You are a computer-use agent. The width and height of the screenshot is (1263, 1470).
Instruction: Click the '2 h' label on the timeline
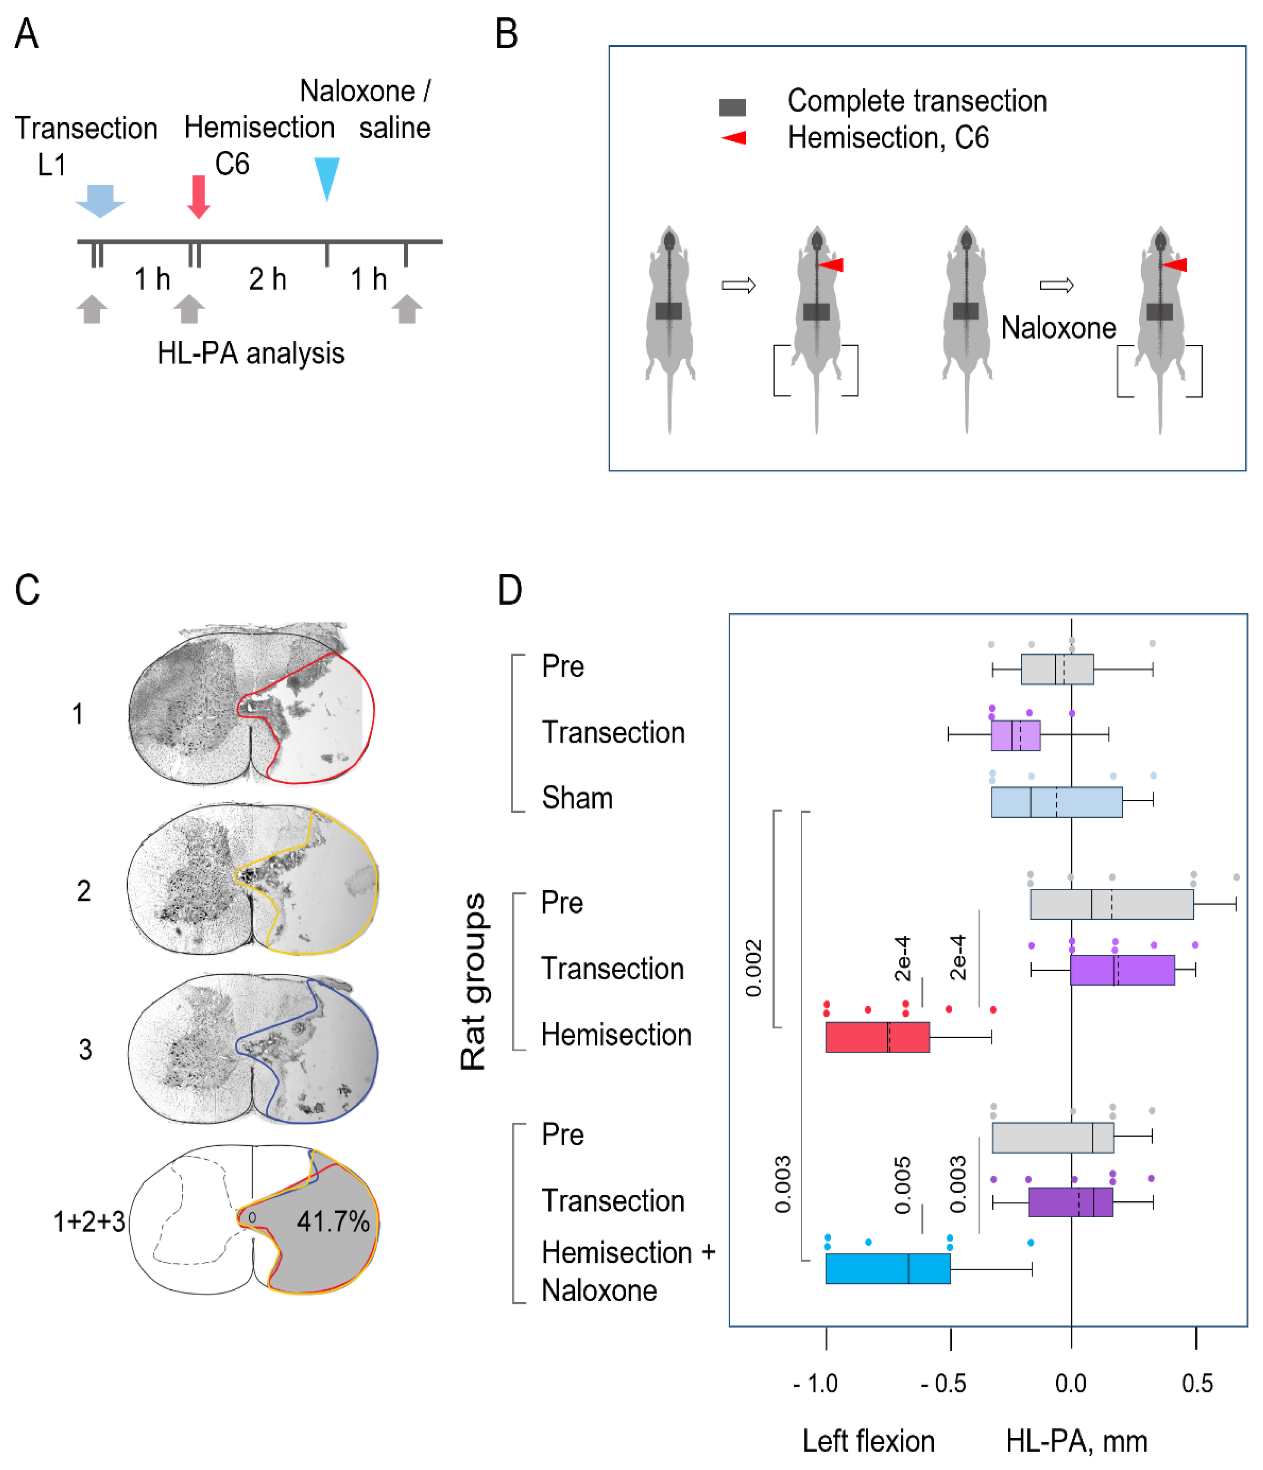[x=268, y=280]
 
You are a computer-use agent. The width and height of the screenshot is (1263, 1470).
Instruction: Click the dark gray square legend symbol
[x=732, y=107]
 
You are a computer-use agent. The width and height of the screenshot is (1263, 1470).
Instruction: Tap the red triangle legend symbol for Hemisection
[x=735, y=137]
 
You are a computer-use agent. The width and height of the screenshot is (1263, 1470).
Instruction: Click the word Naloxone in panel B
[x=1058, y=328]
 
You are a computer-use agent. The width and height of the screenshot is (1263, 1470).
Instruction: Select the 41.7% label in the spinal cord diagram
[x=333, y=1222]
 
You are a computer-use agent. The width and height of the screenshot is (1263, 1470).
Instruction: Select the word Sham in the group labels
[x=577, y=798]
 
